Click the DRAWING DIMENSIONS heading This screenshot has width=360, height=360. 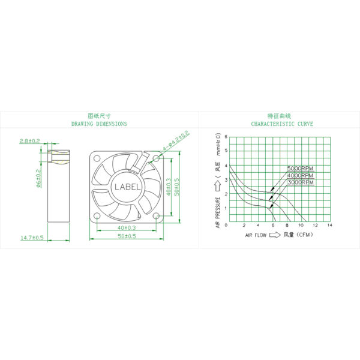[99, 124]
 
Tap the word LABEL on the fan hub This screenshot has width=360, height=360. [127, 187]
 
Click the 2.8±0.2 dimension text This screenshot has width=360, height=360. [30, 140]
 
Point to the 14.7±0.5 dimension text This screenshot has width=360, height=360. [32, 238]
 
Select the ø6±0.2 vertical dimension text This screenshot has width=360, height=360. [38, 179]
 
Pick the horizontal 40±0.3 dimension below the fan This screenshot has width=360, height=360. [127, 228]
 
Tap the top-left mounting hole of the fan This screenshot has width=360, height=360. [98, 158]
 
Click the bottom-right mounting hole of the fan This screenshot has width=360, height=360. [156, 215]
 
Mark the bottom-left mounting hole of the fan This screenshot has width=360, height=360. [98, 215]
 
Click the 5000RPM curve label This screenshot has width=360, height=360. [300, 169]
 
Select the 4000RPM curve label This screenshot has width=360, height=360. [300, 175]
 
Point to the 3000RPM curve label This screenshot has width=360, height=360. [300, 181]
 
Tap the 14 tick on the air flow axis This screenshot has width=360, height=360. [330, 225]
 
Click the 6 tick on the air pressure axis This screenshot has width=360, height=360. [226, 136]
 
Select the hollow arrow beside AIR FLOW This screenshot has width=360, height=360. [274, 235]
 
